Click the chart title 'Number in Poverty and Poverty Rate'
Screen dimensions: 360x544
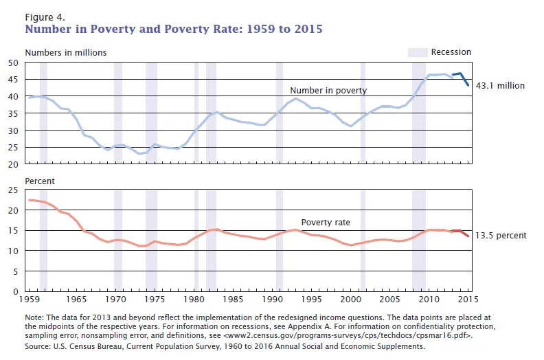173,30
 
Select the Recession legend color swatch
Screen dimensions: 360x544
417,52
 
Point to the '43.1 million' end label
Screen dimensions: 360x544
500,86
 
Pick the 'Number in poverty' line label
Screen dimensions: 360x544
328,90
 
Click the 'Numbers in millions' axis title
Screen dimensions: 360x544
66,52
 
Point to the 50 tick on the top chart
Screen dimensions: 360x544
13,63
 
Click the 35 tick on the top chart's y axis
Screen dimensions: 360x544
13,113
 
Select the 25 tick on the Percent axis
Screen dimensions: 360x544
13,190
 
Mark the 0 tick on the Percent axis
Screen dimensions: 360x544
16,291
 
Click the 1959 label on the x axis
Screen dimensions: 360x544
28,301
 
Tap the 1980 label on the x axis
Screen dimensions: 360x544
194,301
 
